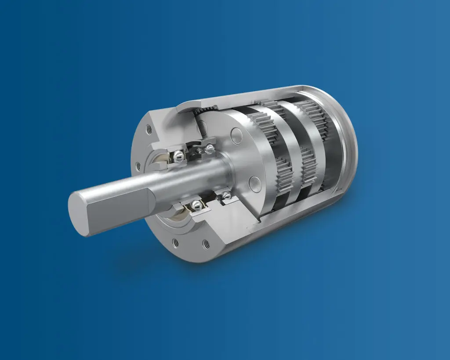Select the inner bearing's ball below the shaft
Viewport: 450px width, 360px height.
coord(226,195)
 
